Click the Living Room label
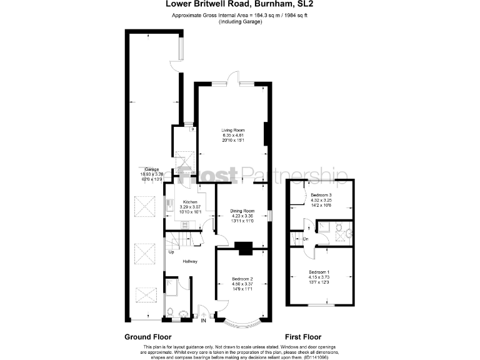click(x=232, y=130)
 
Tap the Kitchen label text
click(x=190, y=202)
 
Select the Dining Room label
click(x=242, y=211)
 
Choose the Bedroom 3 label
click(x=321, y=195)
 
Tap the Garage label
click(x=151, y=169)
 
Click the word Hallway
click(x=190, y=261)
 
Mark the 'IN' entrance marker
click(x=203, y=321)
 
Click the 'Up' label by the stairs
click(x=171, y=252)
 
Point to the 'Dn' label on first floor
click(x=306, y=238)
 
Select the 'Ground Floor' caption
click(x=147, y=337)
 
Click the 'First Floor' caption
click(x=305, y=337)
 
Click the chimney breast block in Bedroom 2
click(x=245, y=248)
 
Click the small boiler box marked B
click(x=192, y=130)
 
